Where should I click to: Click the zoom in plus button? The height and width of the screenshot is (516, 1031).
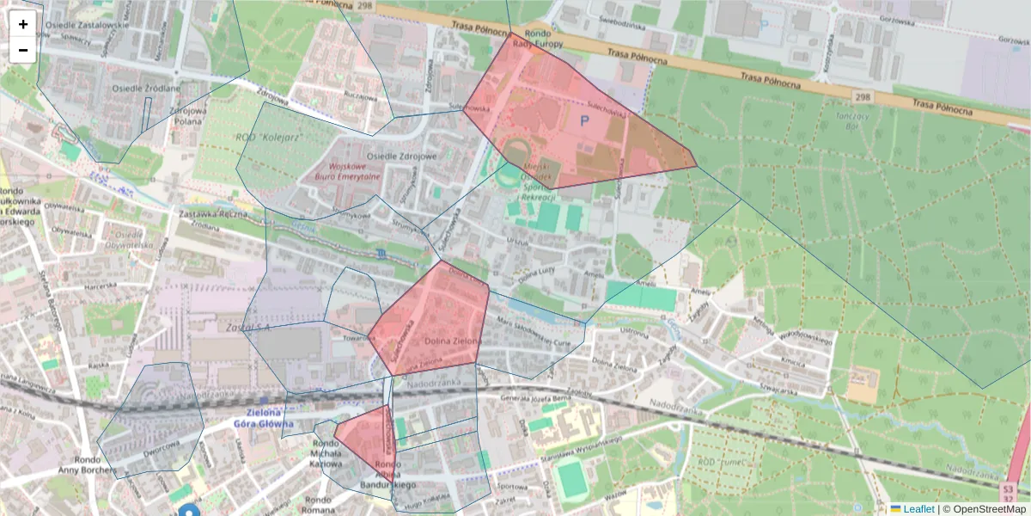pyautogui.click(x=23, y=24)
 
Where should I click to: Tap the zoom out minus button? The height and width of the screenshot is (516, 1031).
pyautogui.click(x=23, y=51)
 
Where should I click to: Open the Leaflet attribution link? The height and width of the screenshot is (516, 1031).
pyautogui.click(x=918, y=509)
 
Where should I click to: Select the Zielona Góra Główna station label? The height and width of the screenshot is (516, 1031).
pyautogui.click(x=264, y=418)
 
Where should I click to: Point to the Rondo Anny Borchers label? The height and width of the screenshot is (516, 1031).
pyautogui.click(x=85, y=464)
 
